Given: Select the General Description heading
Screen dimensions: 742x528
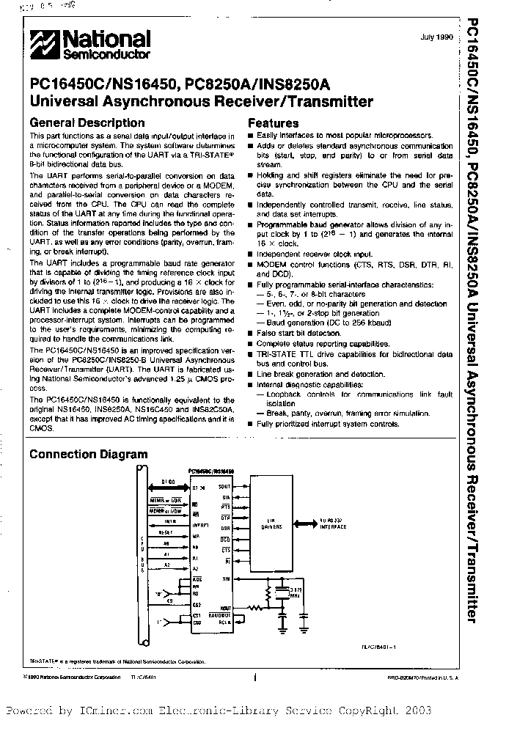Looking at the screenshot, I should tap(87, 123).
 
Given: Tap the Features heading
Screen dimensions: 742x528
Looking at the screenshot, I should tap(274, 124).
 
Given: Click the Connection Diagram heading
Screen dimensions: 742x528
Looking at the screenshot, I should tap(88, 455).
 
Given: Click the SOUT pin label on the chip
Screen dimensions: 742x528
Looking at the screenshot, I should tap(224, 486).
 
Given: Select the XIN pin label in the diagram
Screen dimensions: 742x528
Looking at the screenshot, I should tap(226, 578).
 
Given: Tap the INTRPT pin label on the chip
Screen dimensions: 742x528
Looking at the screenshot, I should tap(201, 526).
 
